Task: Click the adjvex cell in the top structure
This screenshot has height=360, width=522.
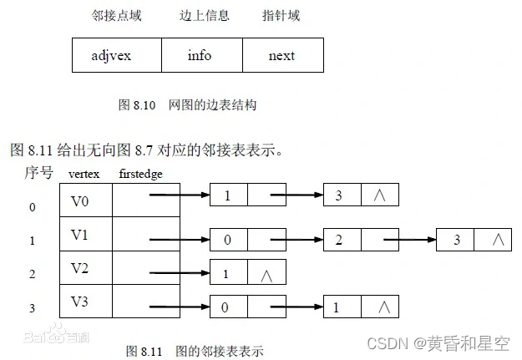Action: click(113, 56)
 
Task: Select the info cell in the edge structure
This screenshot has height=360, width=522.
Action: click(200, 56)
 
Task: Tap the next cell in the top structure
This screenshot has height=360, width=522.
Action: click(281, 56)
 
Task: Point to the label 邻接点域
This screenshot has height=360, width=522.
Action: click(113, 16)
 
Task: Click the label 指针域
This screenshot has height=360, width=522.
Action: click(281, 16)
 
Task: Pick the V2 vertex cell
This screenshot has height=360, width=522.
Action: click(79, 269)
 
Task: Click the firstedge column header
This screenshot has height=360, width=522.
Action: click(140, 174)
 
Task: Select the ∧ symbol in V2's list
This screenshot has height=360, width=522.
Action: click(267, 273)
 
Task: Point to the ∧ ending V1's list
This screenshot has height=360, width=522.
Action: click(498, 241)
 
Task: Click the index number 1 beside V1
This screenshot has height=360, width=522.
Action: click(33, 241)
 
